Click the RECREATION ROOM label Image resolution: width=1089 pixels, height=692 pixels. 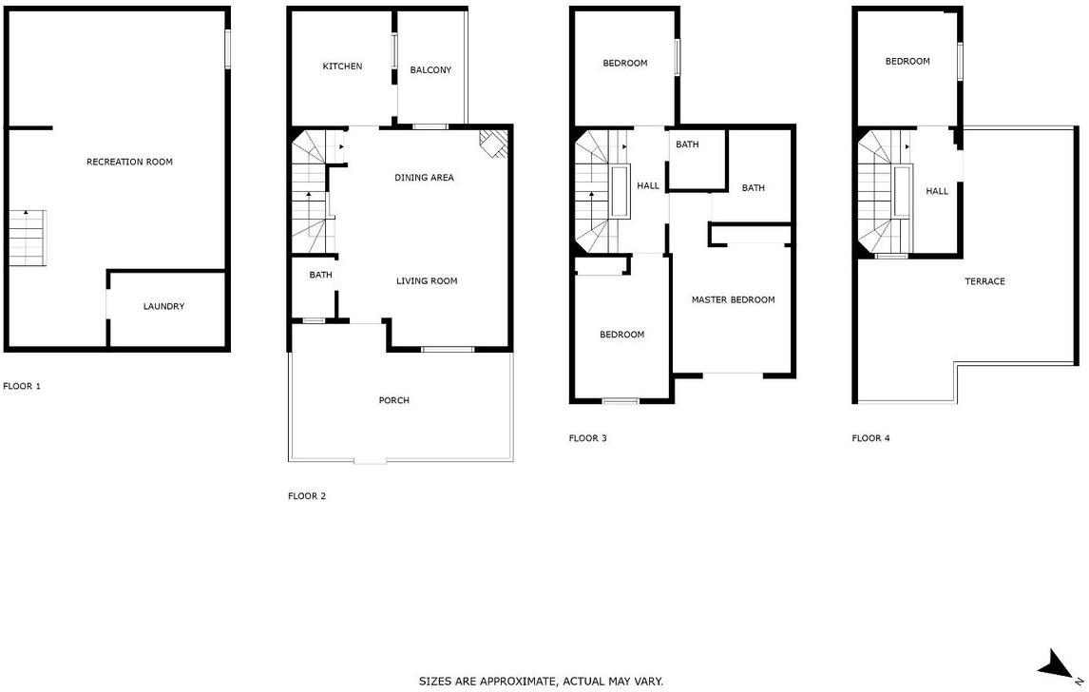click(129, 162)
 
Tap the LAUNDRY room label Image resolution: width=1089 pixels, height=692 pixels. click(163, 306)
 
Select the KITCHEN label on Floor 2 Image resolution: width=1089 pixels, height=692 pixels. click(342, 66)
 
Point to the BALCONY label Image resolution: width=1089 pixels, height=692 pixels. click(430, 69)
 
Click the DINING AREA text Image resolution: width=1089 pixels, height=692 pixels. click(425, 177)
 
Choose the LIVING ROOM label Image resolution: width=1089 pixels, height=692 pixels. click(427, 280)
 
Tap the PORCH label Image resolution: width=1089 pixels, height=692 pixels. click(393, 400)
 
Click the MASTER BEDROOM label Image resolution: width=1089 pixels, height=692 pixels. click(734, 299)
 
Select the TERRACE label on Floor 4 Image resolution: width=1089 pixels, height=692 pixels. click(984, 281)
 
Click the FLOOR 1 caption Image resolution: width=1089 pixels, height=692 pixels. click(22, 386)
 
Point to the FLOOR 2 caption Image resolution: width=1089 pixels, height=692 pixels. click(307, 495)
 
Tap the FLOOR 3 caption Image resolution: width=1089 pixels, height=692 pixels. click(587, 437)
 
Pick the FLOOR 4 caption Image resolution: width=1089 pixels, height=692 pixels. click(871, 437)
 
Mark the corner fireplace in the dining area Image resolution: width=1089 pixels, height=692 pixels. click(494, 144)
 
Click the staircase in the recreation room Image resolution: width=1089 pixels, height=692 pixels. click(28, 238)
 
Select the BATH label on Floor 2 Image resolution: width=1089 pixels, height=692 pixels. click(321, 275)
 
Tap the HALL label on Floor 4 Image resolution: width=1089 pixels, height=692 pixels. click(937, 191)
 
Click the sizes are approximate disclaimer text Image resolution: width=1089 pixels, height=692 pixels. click(541, 682)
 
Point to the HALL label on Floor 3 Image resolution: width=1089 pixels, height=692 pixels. click(648, 185)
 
